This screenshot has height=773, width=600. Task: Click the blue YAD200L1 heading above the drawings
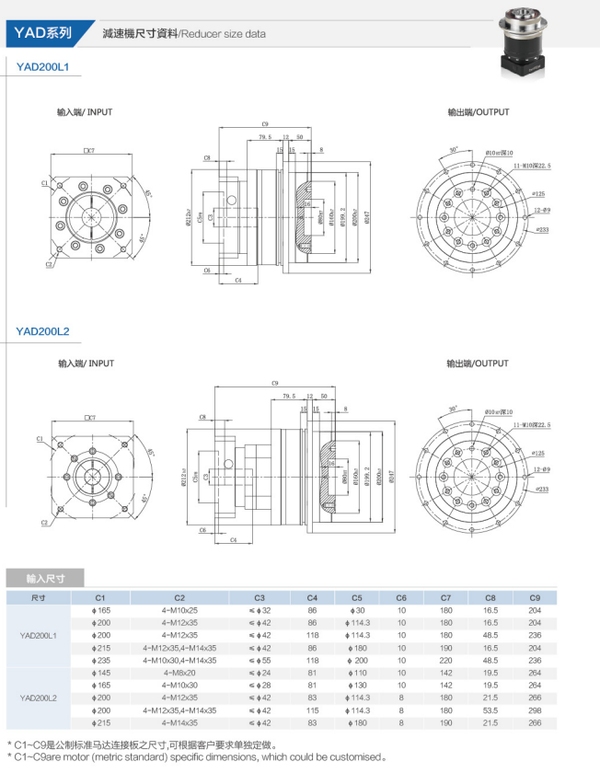tap(43, 66)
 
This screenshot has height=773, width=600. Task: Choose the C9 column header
tap(535, 597)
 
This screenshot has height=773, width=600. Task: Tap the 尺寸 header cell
tap(39, 597)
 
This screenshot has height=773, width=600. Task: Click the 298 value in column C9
tap(535, 710)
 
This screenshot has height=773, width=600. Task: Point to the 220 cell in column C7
tap(446, 660)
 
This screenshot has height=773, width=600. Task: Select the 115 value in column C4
tap(312, 710)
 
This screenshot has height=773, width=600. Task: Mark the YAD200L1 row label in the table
tap(39, 635)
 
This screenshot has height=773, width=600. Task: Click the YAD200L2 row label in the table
tap(39, 698)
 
